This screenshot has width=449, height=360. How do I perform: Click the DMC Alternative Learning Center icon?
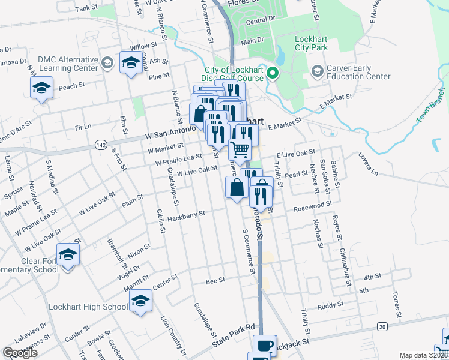click(107, 64)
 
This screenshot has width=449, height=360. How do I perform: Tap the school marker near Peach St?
click(41, 89)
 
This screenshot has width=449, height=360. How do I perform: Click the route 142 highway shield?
click(101, 145)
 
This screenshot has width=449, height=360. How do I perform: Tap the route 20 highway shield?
click(382, 326)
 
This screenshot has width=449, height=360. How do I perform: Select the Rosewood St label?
click(312, 207)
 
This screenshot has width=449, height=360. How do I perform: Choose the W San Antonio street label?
click(170, 133)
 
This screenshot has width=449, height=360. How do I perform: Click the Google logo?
click(20, 352)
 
